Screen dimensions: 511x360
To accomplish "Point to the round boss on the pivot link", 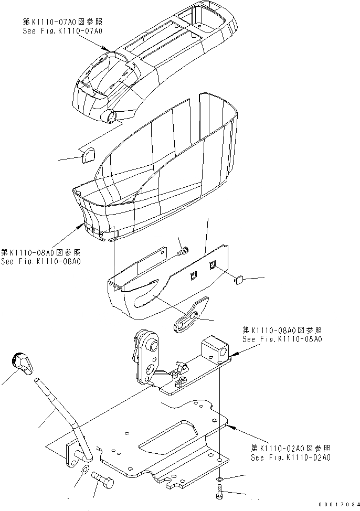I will point(153,345).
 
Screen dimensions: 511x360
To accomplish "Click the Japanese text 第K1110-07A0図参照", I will point(62,22).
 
